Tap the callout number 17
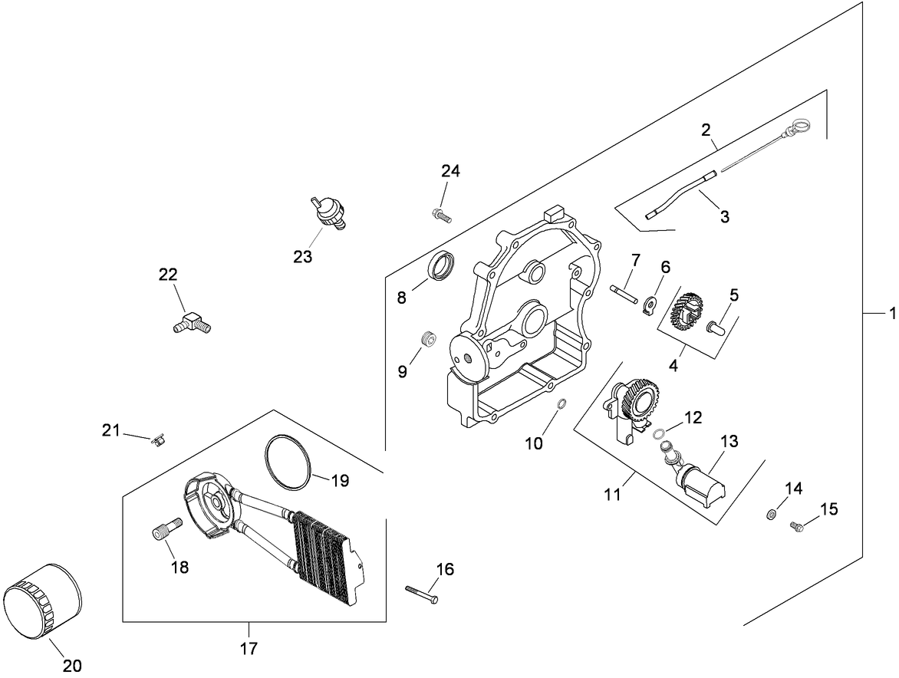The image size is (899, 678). pyautogui.click(x=249, y=648)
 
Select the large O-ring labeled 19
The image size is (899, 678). pyautogui.click(x=288, y=461)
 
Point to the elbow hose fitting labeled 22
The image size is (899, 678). pyautogui.click(x=192, y=323)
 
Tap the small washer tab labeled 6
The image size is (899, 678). pyautogui.click(x=648, y=305)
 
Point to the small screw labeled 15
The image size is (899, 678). pyautogui.click(x=797, y=525)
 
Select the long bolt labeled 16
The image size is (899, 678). pyautogui.click(x=422, y=593)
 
